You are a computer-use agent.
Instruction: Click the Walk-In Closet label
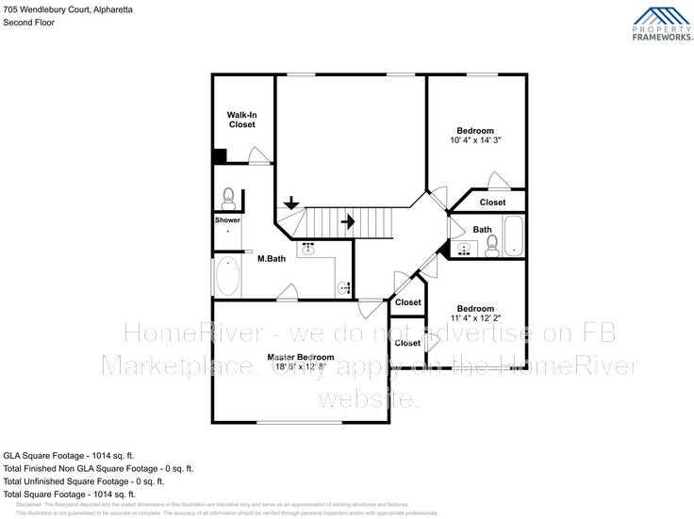[x=241, y=120]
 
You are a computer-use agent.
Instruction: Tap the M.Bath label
[x=272, y=258]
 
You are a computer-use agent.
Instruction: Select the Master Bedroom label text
[x=300, y=357]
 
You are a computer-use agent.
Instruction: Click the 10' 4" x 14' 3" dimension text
[x=475, y=140]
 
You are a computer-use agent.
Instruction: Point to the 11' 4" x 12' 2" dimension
[x=475, y=318]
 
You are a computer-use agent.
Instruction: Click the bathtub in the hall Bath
[x=513, y=236]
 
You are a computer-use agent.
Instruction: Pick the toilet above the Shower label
[x=227, y=196]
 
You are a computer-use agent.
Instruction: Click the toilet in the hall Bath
[x=490, y=247]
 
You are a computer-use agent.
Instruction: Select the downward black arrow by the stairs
[x=291, y=202]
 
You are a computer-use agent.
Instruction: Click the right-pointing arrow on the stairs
[x=347, y=222]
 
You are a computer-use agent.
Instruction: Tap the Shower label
[x=227, y=219]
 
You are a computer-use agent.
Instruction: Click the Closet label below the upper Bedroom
[x=492, y=203]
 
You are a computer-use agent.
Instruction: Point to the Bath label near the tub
[x=482, y=229]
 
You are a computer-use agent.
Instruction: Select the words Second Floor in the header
[x=28, y=23]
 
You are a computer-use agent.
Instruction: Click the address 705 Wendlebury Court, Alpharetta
[x=68, y=8]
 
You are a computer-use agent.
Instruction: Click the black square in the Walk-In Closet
[x=220, y=157]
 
